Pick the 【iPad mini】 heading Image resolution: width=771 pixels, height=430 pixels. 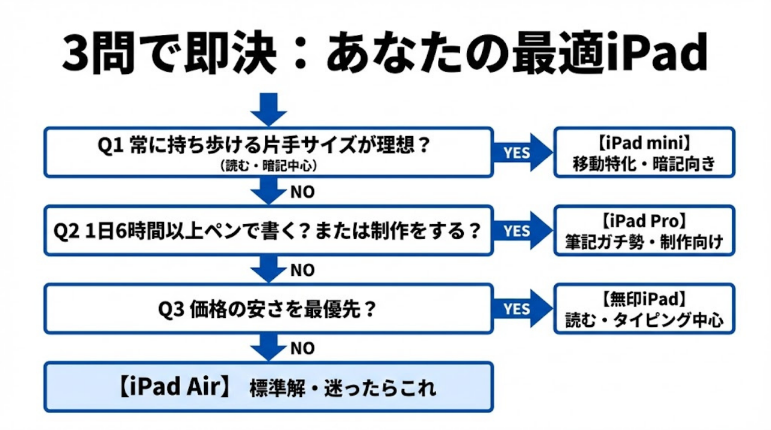644,145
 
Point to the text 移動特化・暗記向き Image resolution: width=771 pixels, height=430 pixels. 644,164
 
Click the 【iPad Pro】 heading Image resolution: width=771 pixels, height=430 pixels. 644,221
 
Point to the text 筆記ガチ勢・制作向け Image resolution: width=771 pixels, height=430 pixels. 644,242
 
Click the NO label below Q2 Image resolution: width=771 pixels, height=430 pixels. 302,270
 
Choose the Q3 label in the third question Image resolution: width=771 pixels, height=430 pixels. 172,309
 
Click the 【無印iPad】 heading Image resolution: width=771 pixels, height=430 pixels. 644,299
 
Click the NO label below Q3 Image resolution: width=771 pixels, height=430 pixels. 302,348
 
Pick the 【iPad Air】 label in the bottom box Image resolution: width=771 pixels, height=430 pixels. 172,387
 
